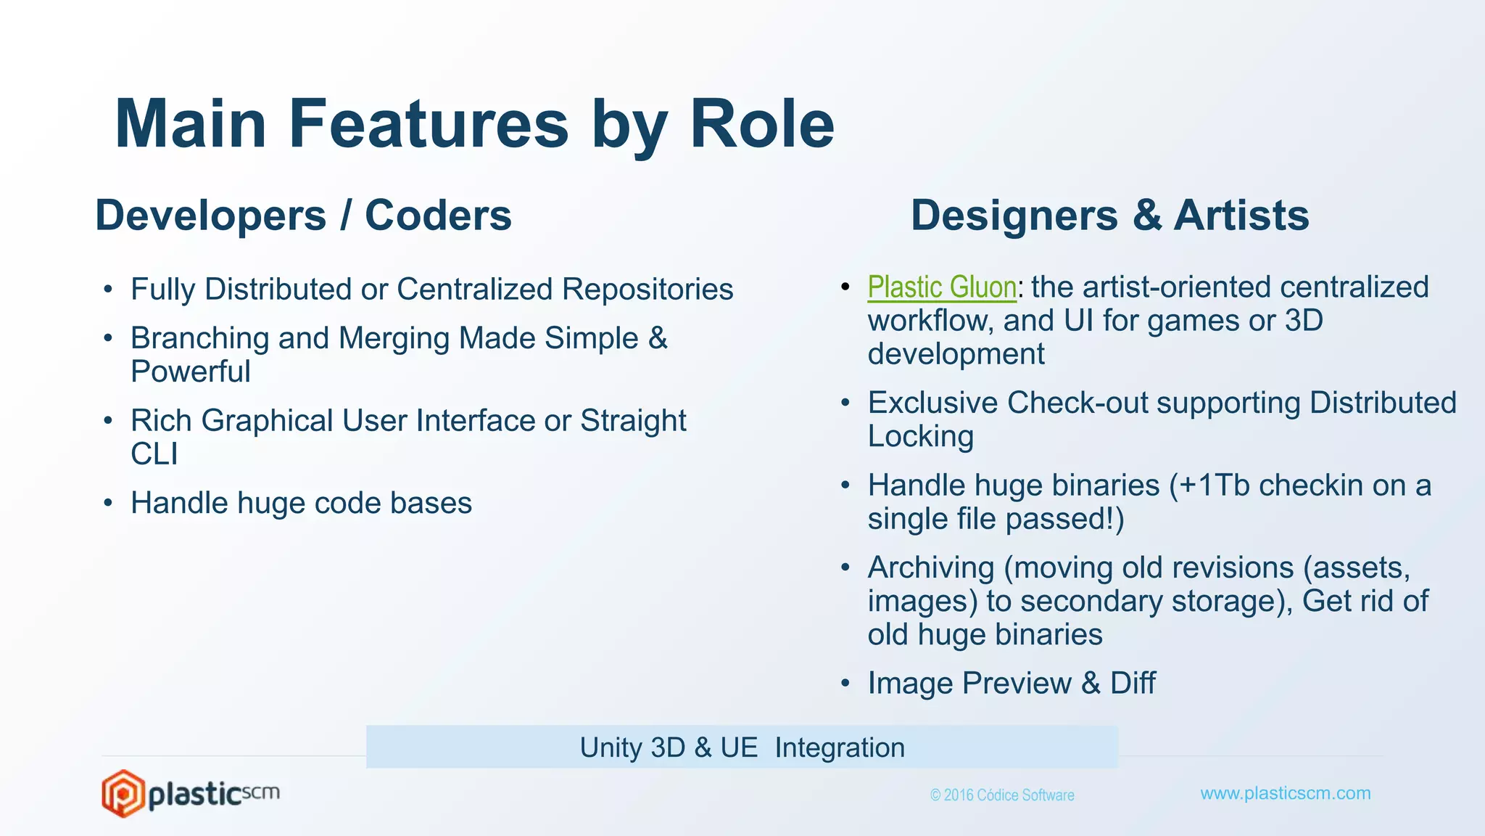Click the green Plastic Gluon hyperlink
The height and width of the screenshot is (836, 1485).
click(x=941, y=287)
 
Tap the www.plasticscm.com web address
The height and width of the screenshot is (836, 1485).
click(x=1285, y=793)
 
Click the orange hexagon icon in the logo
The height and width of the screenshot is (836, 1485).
click(x=123, y=793)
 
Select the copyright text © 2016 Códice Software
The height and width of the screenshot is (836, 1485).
click(x=1002, y=795)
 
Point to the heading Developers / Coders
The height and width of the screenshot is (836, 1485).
click(x=303, y=216)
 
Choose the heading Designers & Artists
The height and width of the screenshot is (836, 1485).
click(x=1109, y=216)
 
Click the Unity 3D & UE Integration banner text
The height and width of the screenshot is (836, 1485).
click(x=742, y=747)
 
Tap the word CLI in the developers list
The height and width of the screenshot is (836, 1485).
click(x=154, y=454)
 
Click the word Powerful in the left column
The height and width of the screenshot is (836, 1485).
click(x=190, y=372)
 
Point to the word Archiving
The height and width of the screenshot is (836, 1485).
click(x=930, y=567)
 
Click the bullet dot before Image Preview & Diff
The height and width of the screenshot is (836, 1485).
click(x=845, y=683)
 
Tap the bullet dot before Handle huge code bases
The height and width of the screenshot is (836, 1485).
click(x=108, y=503)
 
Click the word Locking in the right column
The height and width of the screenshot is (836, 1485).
click(x=920, y=437)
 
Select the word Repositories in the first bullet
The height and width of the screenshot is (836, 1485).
click(x=647, y=290)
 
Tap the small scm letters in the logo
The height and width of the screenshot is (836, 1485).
click(x=260, y=792)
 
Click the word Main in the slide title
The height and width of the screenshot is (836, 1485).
click(x=191, y=124)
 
